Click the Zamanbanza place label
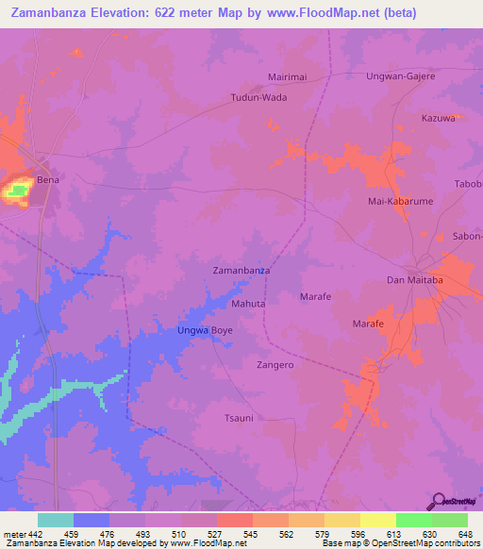241,270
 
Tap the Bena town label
47,179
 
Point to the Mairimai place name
289,80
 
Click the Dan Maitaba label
415,280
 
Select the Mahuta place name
248,305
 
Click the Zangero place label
275,364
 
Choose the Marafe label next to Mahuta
315,297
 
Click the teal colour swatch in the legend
56,520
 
